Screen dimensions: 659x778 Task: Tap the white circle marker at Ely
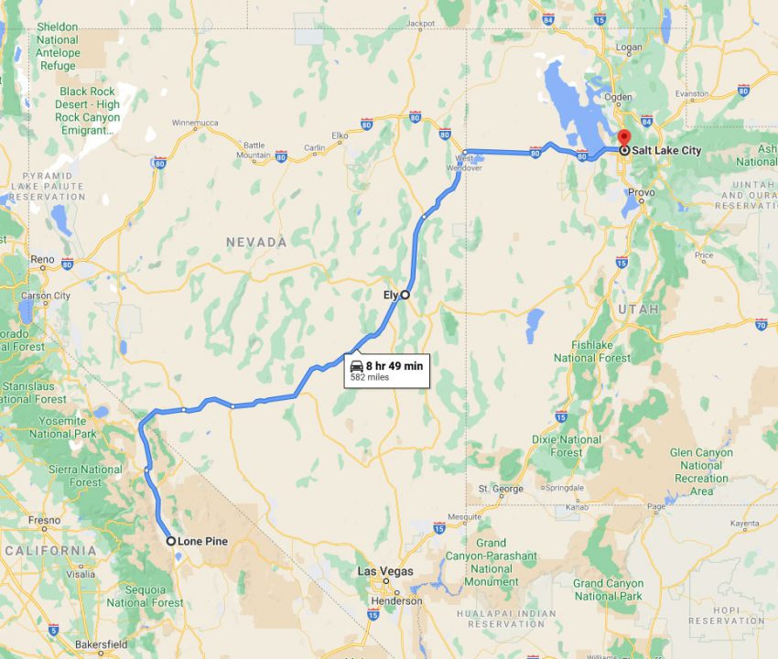point(405,295)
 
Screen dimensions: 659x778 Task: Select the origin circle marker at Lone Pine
point(171,541)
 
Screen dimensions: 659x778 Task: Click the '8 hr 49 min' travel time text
point(394,366)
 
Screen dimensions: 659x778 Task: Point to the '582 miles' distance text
point(370,377)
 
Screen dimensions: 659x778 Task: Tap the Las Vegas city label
point(384,571)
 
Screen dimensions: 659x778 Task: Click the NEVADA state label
point(257,243)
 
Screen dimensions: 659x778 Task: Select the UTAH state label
point(638,309)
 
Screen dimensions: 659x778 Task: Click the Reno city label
point(42,260)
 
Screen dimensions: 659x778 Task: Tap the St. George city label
point(501,489)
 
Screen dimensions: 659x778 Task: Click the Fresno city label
point(43,520)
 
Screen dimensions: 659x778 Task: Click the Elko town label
point(340,135)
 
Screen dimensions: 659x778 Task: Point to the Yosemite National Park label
point(63,427)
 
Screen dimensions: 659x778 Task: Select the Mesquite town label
point(464,516)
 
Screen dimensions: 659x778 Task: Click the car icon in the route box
point(356,366)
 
